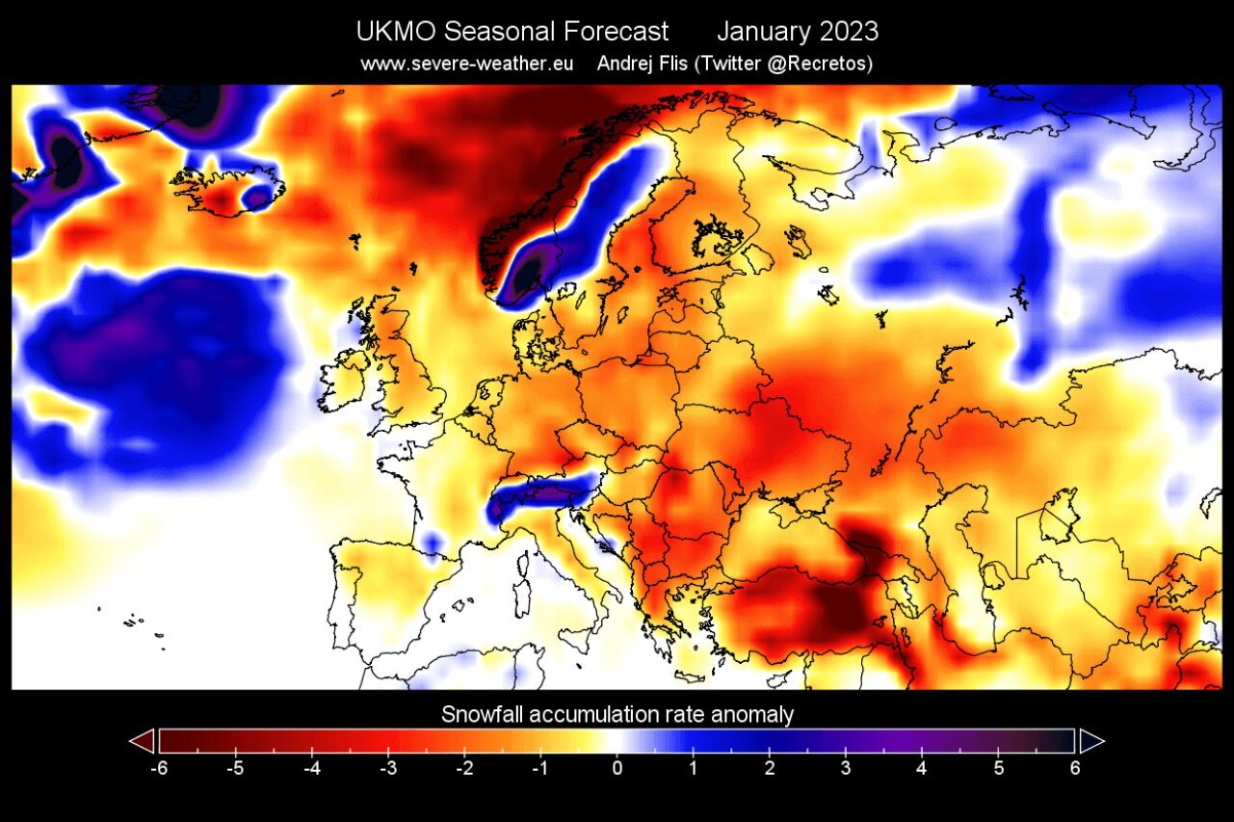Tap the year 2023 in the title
pos(849,32)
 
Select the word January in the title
pos(762,32)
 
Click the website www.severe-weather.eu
pos(467,64)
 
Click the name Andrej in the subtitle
pos(625,64)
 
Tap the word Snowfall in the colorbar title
pos(484,715)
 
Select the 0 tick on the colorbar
pos(617,768)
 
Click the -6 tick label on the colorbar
pos(158,768)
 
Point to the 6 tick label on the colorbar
pos(1075,768)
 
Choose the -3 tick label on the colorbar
pos(387,768)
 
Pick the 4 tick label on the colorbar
pos(922,768)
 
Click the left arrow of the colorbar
pos(141,740)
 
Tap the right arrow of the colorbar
pos(1091,740)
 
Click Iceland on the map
pos(226,190)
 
